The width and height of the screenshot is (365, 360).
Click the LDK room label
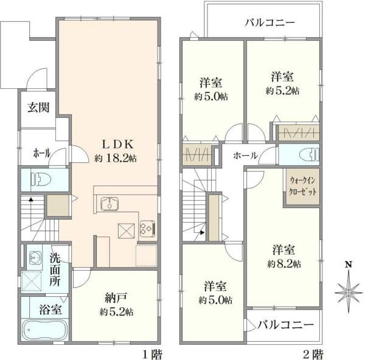[118, 144]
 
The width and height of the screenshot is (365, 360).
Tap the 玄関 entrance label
[38, 108]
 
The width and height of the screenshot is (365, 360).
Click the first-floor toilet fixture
[43, 179]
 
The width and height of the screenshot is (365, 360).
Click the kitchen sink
[109, 204]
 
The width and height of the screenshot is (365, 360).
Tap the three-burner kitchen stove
[148, 229]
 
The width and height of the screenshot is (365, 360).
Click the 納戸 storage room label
[116, 298]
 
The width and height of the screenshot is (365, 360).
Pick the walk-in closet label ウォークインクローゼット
[302, 186]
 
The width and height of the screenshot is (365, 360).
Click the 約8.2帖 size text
[284, 264]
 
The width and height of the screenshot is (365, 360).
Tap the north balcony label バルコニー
[269, 23]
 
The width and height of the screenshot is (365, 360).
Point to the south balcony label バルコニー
[286, 325]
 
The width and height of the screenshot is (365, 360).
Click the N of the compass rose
[348, 265]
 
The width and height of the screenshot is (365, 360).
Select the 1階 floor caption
[153, 355]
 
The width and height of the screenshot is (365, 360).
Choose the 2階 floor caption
[313, 355]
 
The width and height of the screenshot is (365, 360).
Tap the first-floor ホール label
[41, 153]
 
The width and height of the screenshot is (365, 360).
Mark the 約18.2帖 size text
[116, 159]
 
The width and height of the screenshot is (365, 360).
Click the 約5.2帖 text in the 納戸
[116, 312]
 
